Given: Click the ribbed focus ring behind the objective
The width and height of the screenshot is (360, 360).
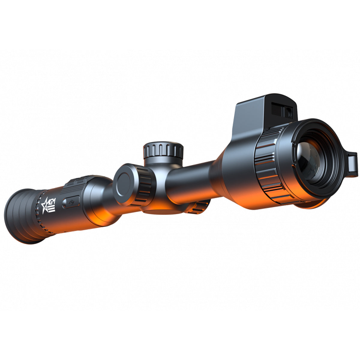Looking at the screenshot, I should [x=267, y=168].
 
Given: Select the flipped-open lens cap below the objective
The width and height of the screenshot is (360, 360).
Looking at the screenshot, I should [x=309, y=204].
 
